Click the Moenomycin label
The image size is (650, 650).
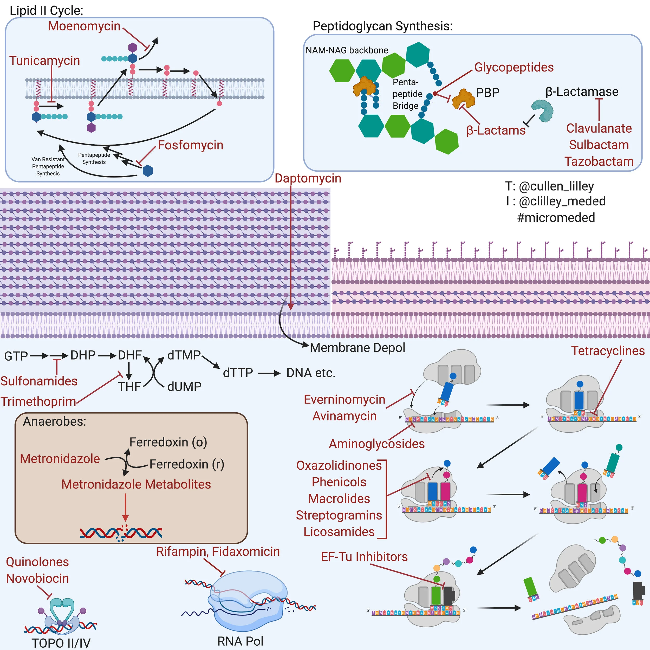pyautogui.click(x=84, y=26)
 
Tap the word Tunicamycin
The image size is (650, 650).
pyautogui.click(x=44, y=61)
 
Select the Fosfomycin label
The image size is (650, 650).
pyautogui.click(x=190, y=145)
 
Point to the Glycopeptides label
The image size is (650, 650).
pyautogui.click(x=514, y=67)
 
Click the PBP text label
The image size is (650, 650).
pyautogui.click(x=487, y=93)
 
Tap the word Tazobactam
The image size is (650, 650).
pyautogui.click(x=599, y=161)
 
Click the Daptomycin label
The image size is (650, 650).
pyautogui.click(x=308, y=178)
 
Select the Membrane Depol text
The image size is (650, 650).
pyautogui.click(x=357, y=348)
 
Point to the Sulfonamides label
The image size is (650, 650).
pyautogui.click(x=39, y=381)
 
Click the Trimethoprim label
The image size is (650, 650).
pyautogui.click(x=38, y=401)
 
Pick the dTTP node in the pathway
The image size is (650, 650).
pyautogui.click(x=238, y=373)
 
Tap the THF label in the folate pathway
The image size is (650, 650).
pyautogui.click(x=129, y=387)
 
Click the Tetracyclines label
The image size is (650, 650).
pyautogui.click(x=608, y=351)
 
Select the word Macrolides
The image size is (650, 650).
pyautogui.click(x=339, y=499)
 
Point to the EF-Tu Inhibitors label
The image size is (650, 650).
pyautogui.click(x=364, y=557)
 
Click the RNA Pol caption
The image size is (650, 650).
pyautogui.click(x=240, y=641)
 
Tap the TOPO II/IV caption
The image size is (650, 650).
pyautogui.click(x=61, y=643)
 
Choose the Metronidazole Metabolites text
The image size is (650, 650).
pyautogui.click(x=136, y=484)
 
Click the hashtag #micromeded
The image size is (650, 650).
pyautogui.click(x=556, y=218)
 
